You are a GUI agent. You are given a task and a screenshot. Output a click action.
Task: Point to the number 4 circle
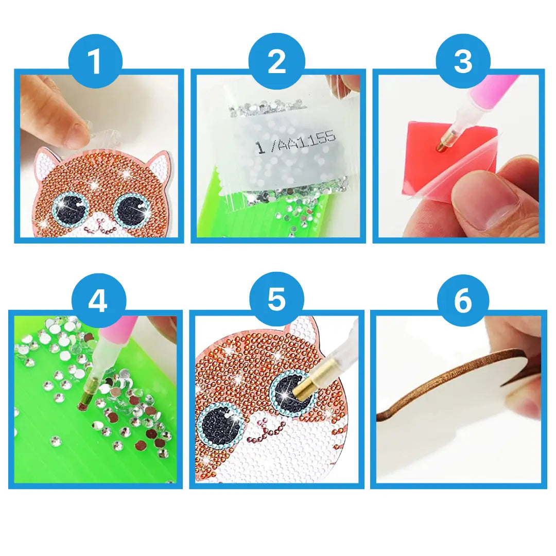pos(98,301)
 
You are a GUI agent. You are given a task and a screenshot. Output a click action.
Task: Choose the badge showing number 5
pos(276,300)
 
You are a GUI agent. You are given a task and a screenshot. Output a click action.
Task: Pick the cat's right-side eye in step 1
pos(131,208)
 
